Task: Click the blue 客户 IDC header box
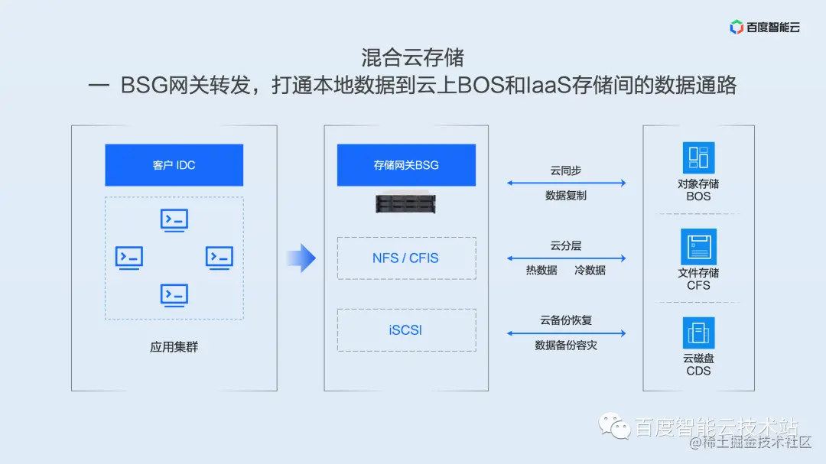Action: tap(174, 165)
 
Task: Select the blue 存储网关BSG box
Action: tap(406, 165)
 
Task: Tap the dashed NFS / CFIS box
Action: tap(406, 258)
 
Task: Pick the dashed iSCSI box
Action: tap(406, 330)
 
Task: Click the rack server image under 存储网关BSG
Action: tap(406, 203)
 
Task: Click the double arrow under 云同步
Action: tap(566, 183)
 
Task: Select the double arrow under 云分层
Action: tap(566, 258)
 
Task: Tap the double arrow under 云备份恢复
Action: tap(566, 333)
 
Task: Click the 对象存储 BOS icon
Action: tap(698, 157)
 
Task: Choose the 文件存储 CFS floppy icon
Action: tap(698, 247)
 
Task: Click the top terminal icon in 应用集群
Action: tap(174, 220)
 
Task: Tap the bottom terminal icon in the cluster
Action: tap(174, 294)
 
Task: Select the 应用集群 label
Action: tap(174, 347)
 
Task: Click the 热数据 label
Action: tap(541, 271)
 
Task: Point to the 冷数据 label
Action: tap(590, 271)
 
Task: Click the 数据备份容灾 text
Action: tap(566, 346)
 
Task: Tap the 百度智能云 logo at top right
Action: tap(765, 28)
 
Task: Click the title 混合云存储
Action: tap(413, 58)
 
